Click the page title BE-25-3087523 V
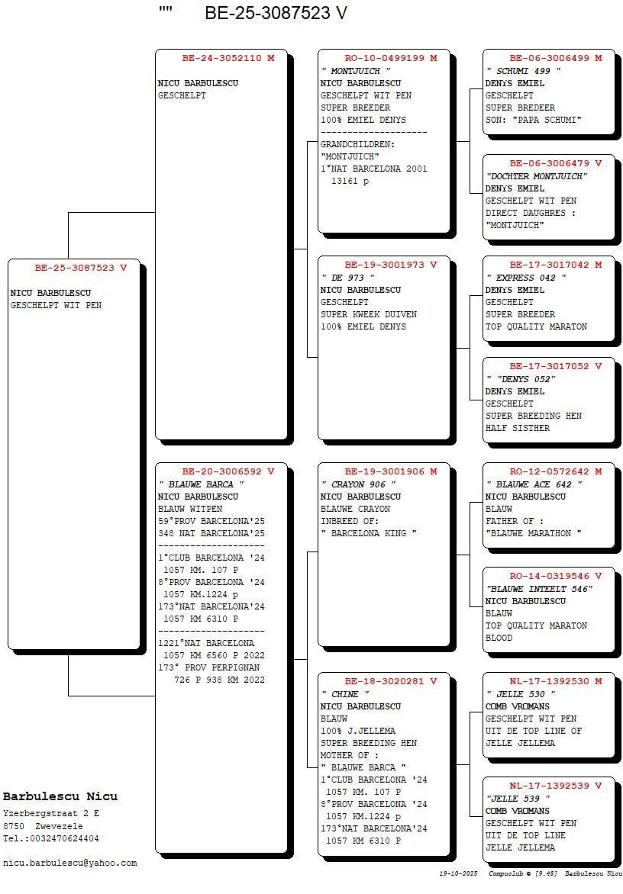point(276,12)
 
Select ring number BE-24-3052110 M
point(228,57)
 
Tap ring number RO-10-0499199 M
point(391,57)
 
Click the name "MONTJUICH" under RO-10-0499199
point(356,71)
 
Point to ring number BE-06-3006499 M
point(556,57)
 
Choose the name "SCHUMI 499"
point(523,71)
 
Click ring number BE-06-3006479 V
point(556,163)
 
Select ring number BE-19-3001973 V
point(391,265)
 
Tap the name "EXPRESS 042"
point(525,278)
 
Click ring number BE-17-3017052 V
point(556,366)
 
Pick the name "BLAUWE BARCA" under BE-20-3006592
point(201,484)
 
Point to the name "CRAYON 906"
point(358,484)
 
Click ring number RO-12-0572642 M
point(556,471)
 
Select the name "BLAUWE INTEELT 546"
point(539,589)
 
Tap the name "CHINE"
point(345,694)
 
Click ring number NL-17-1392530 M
point(556,681)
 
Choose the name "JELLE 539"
point(518,799)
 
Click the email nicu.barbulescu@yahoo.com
point(69,863)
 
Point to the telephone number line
point(51,838)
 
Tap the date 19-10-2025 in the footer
point(458,873)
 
